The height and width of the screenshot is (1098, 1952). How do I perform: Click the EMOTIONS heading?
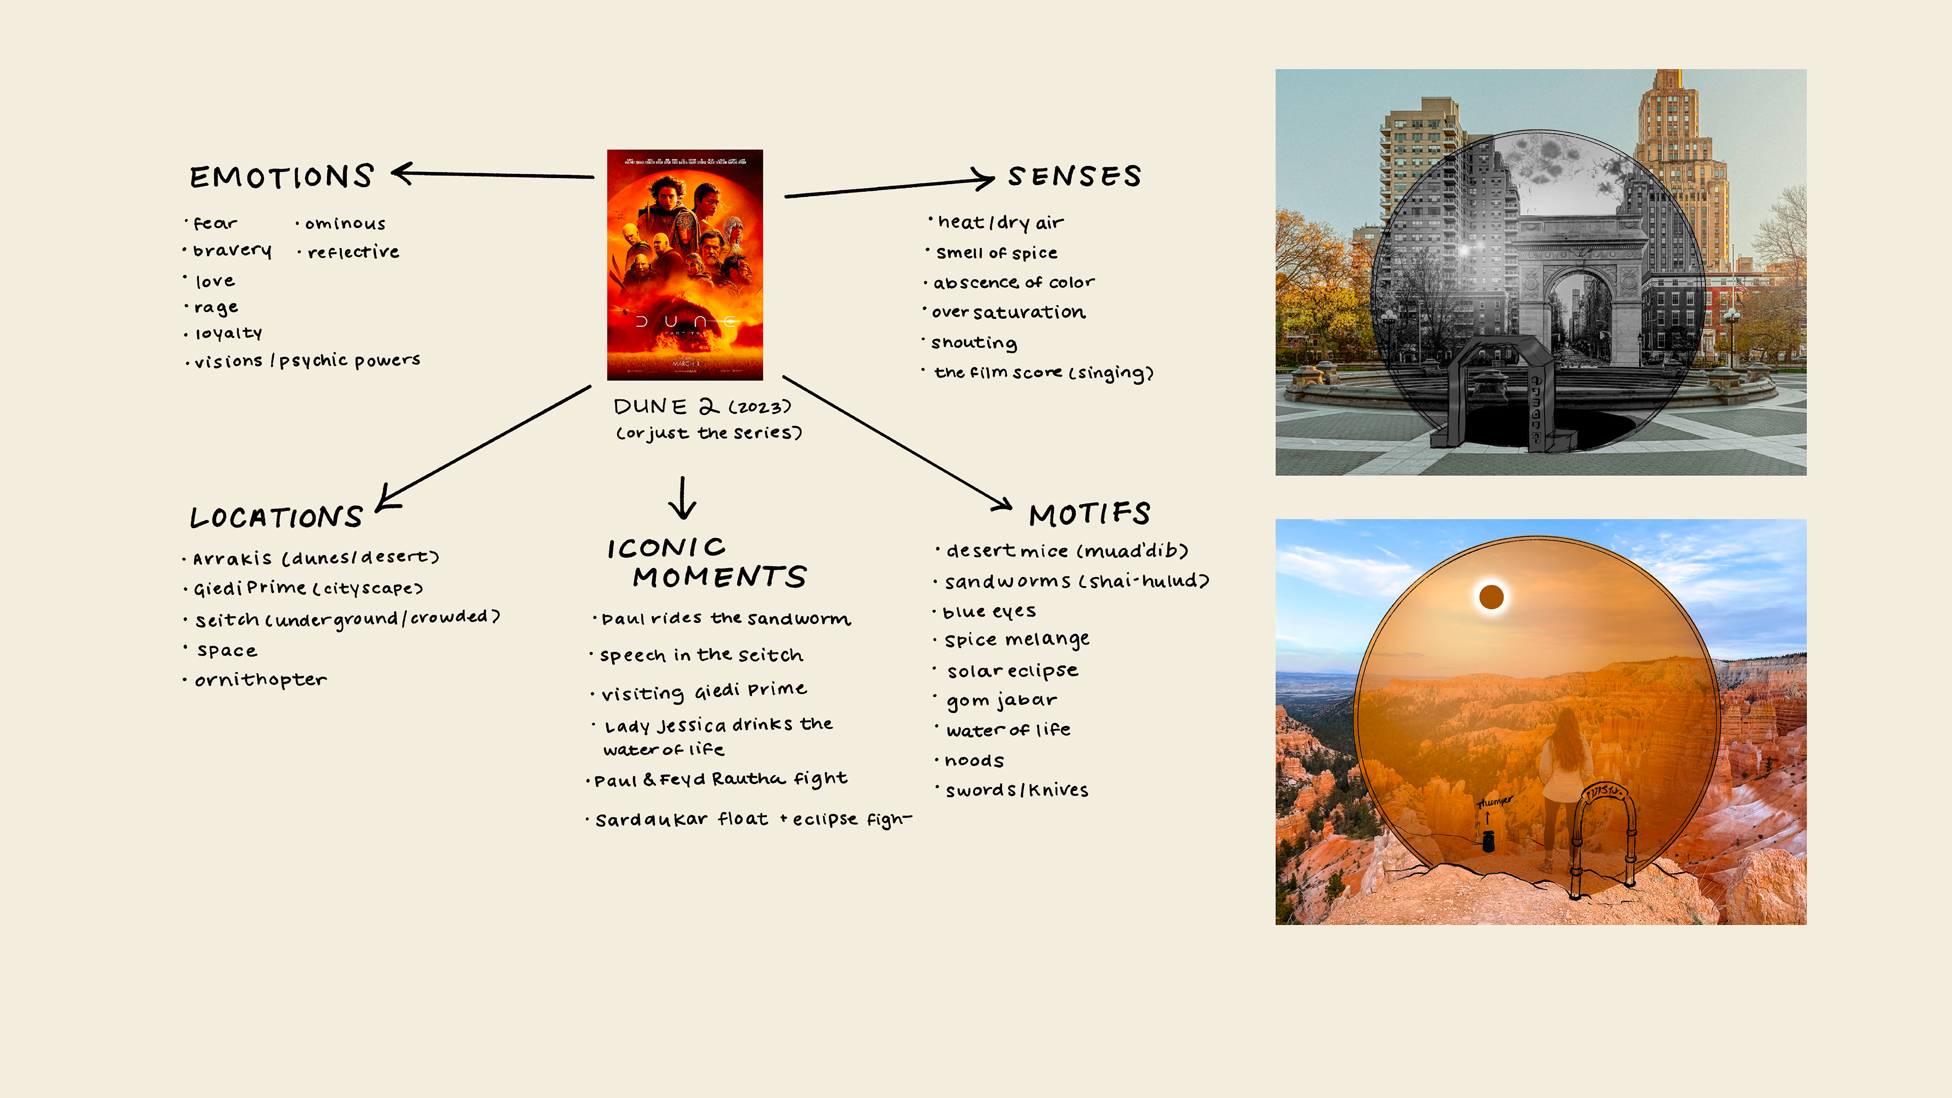[x=282, y=176]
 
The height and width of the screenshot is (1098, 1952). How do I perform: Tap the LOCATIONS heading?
[x=277, y=517]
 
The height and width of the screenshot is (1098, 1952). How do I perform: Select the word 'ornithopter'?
[x=261, y=680]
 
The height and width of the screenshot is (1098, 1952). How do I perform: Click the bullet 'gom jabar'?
[x=1001, y=700]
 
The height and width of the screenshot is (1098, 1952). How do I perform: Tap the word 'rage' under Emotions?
[x=216, y=308]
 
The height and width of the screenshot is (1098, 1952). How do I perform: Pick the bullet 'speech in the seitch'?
[x=701, y=655]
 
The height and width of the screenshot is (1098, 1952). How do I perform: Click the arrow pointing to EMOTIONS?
[x=493, y=174]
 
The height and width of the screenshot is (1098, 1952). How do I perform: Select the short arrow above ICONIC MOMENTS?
[x=683, y=498]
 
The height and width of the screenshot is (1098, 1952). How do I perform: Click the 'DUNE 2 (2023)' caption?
[x=701, y=407]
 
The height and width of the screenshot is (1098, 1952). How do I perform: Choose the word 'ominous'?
[x=345, y=224]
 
